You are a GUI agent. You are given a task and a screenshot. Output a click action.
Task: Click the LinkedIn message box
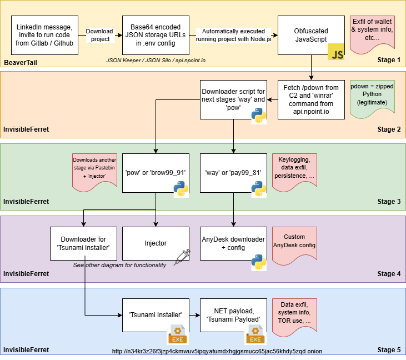pos(44,35)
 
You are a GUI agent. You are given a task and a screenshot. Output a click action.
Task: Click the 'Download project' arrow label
pos(100,35)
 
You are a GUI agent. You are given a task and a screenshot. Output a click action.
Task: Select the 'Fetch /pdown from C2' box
pos(311,99)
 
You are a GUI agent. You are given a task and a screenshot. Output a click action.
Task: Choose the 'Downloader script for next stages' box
pos(233,99)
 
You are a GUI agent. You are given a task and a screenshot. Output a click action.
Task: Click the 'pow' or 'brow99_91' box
pos(156,172)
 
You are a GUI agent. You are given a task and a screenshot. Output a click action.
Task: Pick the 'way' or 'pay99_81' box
pos(233,172)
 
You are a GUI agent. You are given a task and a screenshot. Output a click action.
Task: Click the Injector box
pos(156,243)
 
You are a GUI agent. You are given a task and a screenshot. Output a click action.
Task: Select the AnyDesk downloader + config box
pos(233,243)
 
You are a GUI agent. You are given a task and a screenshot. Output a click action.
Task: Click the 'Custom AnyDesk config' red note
pos(294,241)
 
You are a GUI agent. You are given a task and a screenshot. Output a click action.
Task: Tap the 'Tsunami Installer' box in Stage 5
pos(156,314)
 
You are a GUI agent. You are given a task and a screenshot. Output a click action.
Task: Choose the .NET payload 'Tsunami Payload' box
pos(233,314)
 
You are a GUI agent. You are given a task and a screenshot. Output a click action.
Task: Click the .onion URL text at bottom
pos(217,351)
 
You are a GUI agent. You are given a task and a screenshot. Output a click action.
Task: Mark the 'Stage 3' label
pos(389,202)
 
